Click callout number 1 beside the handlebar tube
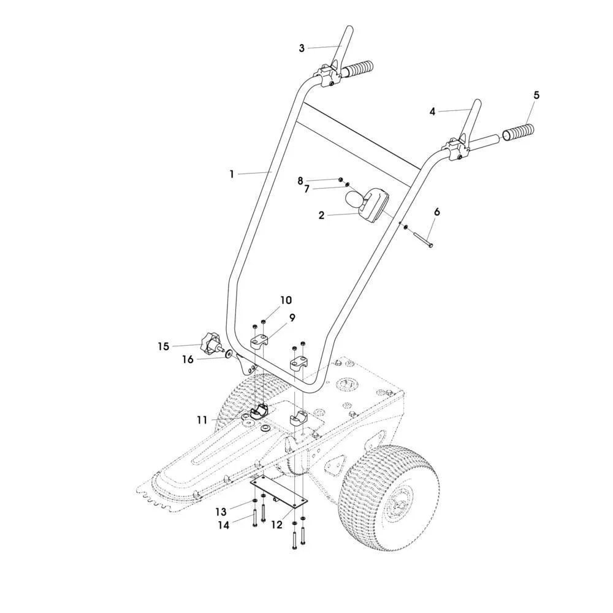pyautogui.click(x=232, y=174)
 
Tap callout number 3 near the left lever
pyautogui.click(x=302, y=48)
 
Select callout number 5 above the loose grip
pyautogui.click(x=536, y=95)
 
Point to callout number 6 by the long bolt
pyautogui.click(x=436, y=212)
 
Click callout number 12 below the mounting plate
pyautogui.click(x=276, y=525)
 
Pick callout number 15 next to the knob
pyautogui.click(x=164, y=346)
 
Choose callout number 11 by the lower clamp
pyautogui.click(x=202, y=421)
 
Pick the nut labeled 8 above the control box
pyautogui.click(x=340, y=179)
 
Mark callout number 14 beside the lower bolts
pyautogui.click(x=224, y=525)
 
